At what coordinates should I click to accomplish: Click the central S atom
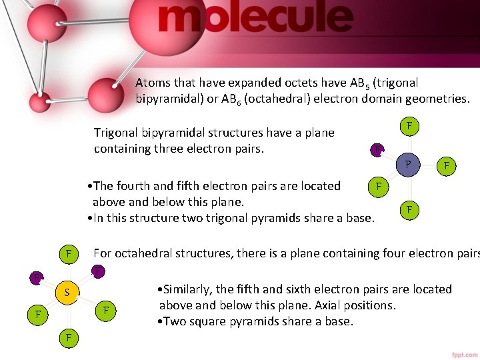tap(67, 292)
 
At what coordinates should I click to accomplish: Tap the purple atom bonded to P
tap(377, 149)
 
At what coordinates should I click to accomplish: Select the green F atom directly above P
tap(409, 126)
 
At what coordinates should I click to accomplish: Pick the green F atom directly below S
tap(68, 338)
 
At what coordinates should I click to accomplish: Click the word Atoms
tap(153, 83)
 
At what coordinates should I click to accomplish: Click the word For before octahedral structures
tap(103, 253)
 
